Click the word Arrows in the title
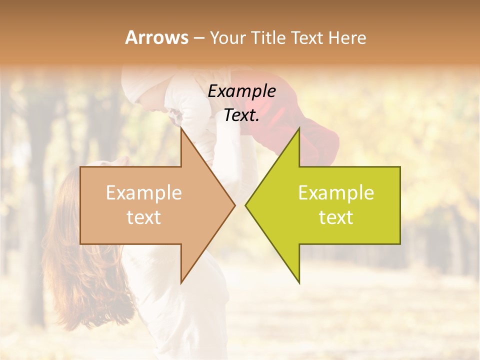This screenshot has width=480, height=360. click(x=156, y=37)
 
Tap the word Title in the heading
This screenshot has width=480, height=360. click(x=266, y=37)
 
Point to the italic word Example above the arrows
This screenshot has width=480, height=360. click(x=241, y=91)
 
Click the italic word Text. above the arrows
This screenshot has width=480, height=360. click(x=241, y=115)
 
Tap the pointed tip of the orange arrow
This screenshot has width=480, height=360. click(x=233, y=205)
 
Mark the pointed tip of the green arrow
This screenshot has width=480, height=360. click(x=247, y=205)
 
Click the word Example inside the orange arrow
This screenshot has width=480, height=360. click(x=144, y=192)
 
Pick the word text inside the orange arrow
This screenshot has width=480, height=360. click(x=144, y=217)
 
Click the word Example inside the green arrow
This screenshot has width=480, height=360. click(x=336, y=192)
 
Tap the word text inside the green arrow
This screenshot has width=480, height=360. click(x=336, y=217)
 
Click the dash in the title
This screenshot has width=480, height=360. click(x=198, y=38)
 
